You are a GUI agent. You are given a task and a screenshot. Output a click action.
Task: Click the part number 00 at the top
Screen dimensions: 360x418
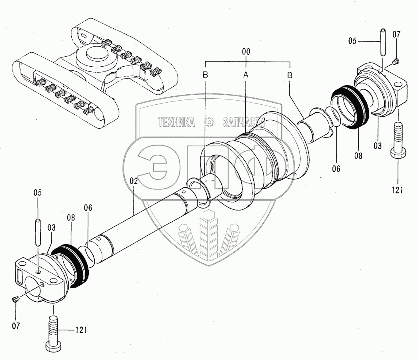pyautogui.click(x=246, y=52)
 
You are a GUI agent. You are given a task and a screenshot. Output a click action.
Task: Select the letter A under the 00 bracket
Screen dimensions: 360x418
pyautogui.click(x=246, y=75)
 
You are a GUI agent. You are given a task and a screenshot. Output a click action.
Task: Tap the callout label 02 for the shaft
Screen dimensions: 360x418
pyautogui.click(x=134, y=181)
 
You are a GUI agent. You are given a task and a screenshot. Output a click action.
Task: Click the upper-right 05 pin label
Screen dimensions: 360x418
pyautogui.click(x=352, y=41)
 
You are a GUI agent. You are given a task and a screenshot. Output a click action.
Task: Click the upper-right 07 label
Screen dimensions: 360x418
pyautogui.click(x=396, y=35)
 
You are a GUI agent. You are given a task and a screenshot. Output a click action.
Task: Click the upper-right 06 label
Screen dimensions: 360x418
pyautogui.click(x=336, y=169)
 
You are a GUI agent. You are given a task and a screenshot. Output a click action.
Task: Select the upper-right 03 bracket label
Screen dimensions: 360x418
pyautogui.click(x=378, y=145)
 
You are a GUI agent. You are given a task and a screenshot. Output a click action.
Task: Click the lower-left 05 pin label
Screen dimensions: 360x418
pyautogui.click(x=37, y=193)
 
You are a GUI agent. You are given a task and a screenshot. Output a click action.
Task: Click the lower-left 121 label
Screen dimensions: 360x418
pyautogui.click(x=81, y=330)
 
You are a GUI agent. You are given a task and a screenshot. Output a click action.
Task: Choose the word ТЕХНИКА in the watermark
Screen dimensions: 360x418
pyautogui.click(x=176, y=122)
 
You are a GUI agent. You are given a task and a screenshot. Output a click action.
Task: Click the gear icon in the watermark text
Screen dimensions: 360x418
pyautogui.click(x=209, y=122)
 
